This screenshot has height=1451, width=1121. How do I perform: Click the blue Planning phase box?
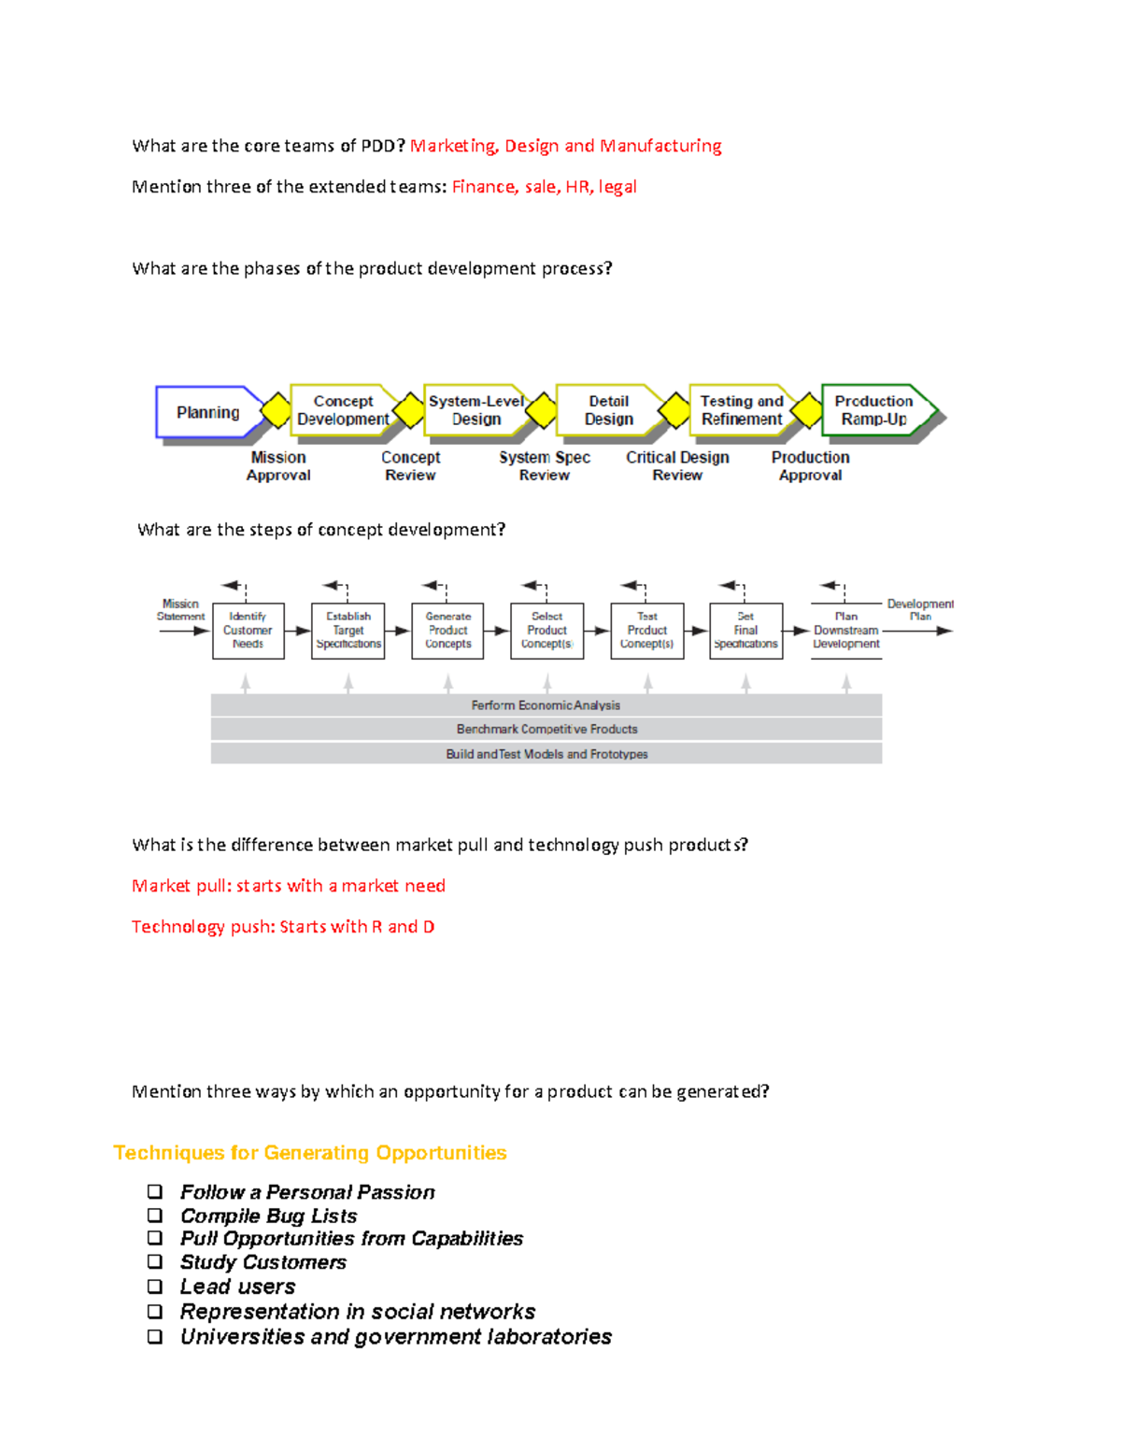208,412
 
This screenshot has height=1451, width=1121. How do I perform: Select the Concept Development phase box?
343,410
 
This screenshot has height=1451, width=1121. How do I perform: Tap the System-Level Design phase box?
475,410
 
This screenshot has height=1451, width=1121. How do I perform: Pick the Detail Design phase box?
608,410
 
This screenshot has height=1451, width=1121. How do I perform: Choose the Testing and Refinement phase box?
742,410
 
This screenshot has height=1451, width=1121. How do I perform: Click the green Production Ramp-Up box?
874,410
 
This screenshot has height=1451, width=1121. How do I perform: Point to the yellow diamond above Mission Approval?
277,410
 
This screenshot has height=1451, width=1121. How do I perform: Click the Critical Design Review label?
677,466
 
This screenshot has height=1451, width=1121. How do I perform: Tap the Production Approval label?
810,466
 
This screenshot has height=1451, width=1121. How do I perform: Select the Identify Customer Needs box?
248,631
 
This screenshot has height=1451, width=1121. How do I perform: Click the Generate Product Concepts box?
447,631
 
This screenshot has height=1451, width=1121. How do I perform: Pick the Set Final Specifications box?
745,631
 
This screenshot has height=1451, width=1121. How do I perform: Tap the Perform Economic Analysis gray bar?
546,705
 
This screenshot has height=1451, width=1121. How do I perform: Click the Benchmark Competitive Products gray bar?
546,729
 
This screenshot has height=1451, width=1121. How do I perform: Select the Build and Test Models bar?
546,754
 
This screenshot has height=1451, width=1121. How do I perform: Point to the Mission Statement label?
180,610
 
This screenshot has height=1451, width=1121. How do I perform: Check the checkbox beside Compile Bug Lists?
155,1216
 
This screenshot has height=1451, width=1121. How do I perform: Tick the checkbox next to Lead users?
155,1287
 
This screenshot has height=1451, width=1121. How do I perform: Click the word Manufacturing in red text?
660,146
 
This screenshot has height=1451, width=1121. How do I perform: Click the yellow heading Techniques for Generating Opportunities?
309,1153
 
